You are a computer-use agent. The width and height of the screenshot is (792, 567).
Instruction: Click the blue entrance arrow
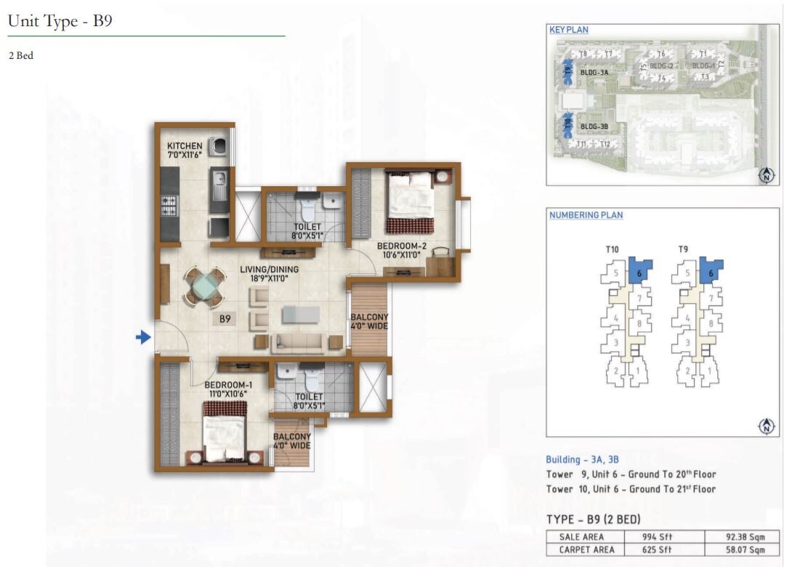[x=144, y=337]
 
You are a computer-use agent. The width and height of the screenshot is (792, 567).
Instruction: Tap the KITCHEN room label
[x=185, y=146]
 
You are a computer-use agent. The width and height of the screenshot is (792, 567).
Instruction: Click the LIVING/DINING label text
[x=270, y=269]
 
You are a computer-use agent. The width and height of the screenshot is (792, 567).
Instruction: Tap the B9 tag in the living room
[x=225, y=318]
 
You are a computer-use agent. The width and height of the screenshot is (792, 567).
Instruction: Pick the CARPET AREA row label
[x=586, y=550]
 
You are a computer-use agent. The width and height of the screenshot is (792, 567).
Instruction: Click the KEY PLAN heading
[x=568, y=30]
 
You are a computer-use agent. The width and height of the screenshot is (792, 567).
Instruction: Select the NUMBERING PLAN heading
[x=586, y=215]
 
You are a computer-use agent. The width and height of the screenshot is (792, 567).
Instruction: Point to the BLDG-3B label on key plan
[x=594, y=126]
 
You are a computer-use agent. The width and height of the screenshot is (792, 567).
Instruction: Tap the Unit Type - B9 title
[x=60, y=21]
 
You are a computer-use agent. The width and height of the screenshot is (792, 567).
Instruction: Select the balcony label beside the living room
[x=369, y=321]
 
